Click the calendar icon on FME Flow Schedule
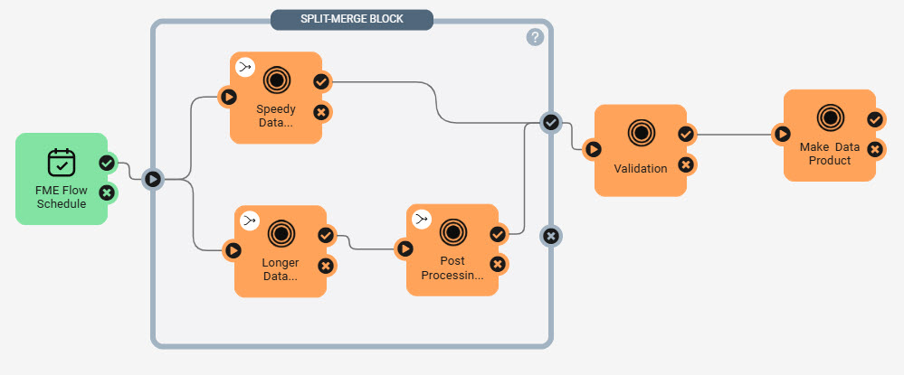[62, 163]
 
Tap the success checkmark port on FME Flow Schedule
[107, 164]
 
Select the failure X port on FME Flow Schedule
[107, 192]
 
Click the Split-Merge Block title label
[352, 19]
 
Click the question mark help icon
[535, 37]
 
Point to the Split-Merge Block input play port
[152, 179]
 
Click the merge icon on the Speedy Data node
[245, 69]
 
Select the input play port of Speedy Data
[229, 98]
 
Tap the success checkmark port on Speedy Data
[322, 82]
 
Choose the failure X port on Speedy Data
[322, 112]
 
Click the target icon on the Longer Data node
[281, 233]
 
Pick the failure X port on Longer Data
[326, 266]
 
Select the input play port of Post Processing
[405, 248]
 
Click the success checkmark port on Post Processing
[498, 235]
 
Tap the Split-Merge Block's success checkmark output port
[551, 122]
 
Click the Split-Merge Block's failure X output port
[551, 236]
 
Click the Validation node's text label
[641, 169]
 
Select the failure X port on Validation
[686, 165]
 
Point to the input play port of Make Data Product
[783, 135]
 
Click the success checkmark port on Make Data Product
[875, 120]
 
